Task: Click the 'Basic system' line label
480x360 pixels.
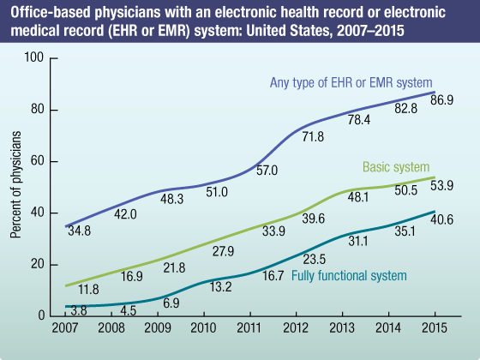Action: (x=396, y=167)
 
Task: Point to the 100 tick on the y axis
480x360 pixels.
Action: (x=34, y=59)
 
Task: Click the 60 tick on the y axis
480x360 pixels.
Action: (x=38, y=162)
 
